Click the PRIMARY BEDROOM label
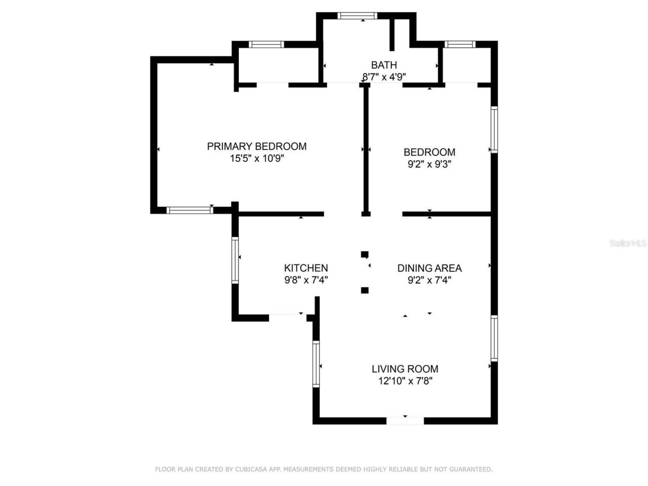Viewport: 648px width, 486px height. [257, 146]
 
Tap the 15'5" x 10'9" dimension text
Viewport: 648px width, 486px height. [257, 158]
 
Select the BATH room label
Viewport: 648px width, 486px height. [384, 65]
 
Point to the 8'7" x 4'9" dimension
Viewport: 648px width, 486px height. [384, 77]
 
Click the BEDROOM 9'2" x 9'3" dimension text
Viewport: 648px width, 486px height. [429, 164]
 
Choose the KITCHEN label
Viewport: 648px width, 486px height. [306, 268]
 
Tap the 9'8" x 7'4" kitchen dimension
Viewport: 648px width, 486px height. [306, 280]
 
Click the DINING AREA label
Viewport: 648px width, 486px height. [429, 268]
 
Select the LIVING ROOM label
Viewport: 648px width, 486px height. [405, 369]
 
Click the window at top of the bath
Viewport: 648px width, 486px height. [357, 16]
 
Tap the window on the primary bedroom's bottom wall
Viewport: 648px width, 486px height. [189, 210]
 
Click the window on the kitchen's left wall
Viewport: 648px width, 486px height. [235, 260]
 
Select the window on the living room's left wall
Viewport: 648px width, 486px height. [316, 364]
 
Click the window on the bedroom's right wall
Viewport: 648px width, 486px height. [494, 129]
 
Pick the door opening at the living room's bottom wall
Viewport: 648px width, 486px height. [405, 421]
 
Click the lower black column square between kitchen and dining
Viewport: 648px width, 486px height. [364, 290]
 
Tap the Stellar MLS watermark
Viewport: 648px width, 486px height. [628, 244]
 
